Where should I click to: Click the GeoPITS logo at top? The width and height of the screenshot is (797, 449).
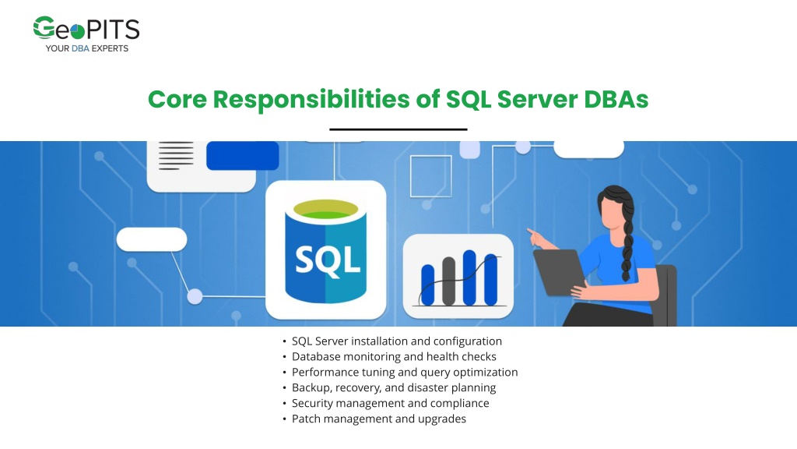coord(86,34)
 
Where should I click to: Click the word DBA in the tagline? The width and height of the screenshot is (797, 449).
coord(80,48)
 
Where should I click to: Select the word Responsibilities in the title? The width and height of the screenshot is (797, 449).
coord(311,99)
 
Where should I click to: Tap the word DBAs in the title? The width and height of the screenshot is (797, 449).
coord(616,99)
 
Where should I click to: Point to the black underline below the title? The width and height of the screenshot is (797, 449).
coord(398,129)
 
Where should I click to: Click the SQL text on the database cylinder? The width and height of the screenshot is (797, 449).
coord(328,260)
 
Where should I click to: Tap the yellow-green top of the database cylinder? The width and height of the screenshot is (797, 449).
coord(326,209)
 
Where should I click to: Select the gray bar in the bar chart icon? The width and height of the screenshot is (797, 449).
coord(449,281)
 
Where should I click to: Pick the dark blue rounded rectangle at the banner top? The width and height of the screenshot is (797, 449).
coord(243,156)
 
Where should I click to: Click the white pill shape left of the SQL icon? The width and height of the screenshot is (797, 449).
coord(152,239)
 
